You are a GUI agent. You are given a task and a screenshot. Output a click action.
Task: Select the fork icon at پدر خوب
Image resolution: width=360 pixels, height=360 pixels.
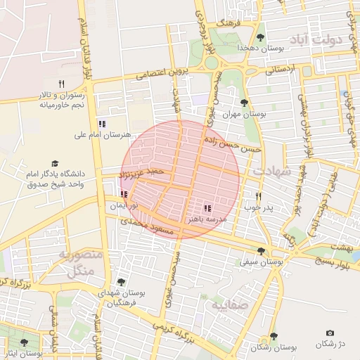[x=258, y=197]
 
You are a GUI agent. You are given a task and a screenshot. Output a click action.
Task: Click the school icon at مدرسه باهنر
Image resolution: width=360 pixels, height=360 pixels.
[x=207, y=208]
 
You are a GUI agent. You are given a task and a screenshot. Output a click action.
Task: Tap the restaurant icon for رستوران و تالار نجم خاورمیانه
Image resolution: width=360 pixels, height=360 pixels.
[x=61, y=84]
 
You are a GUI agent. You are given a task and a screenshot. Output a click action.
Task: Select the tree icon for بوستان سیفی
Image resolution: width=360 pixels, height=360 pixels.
[x=262, y=251]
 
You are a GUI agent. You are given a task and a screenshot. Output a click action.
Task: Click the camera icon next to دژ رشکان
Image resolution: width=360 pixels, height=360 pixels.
[x=330, y=333]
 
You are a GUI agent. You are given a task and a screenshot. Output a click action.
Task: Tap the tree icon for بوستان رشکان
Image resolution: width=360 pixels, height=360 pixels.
[x=274, y=337]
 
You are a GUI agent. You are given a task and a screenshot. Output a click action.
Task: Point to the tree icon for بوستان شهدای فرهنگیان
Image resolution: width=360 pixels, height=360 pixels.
[x=121, y=282]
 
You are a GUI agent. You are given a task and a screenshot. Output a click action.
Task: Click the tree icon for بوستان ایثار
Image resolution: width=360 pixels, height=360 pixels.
[x=24, y=342]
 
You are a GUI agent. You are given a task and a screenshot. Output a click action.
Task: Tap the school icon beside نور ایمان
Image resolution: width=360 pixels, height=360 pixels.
[x=124, y=195]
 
